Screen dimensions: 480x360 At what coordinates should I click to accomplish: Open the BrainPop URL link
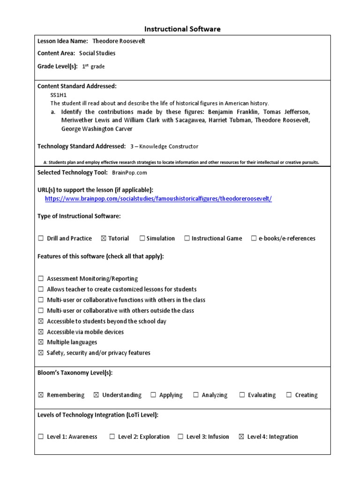[x=158, y=199]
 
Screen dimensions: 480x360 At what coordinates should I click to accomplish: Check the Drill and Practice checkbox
[x=41, y=239]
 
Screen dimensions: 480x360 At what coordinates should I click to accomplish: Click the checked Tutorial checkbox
[x=104, y=239]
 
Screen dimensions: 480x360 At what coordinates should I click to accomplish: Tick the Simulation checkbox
[x=142, y=239]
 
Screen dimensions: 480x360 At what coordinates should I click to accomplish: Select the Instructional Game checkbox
[x=187, y=239]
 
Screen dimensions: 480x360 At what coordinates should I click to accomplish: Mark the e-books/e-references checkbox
[x=254, y=239]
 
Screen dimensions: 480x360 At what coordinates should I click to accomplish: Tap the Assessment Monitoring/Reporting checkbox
[x=41, y=279]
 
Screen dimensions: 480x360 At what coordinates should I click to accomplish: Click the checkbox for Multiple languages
[x=41, y=343]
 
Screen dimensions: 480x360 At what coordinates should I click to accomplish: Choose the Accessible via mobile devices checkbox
[x=41, y=332]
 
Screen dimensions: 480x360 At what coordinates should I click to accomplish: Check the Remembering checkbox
[x=41, y=395]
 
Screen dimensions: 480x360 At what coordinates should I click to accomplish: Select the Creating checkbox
[x=289, y=395]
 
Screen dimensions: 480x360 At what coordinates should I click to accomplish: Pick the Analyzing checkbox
[x=196, y=395]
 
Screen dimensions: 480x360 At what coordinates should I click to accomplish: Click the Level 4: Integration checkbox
[x=241, y=437]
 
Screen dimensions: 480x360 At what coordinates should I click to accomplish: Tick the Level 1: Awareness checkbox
[x=41, y=437]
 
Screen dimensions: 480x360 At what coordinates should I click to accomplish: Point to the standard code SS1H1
[x=58, y=95]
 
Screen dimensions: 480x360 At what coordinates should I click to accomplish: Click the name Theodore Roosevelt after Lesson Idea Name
[x=119, y=41]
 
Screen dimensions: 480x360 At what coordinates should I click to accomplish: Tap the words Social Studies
[x=97, y=53]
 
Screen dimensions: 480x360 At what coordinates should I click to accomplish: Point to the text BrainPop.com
[x=129, y=172]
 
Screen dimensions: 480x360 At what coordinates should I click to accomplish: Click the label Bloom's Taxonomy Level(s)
[x=75, y=373]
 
